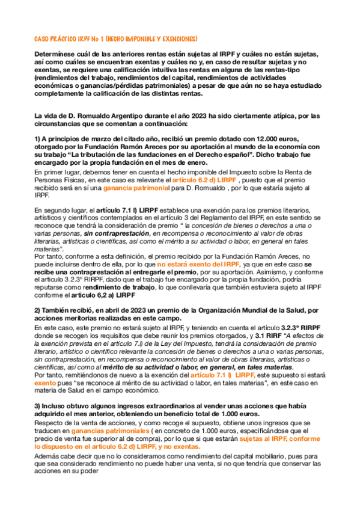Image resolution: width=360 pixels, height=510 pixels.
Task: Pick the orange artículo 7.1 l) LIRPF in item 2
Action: tap(219, 374)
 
